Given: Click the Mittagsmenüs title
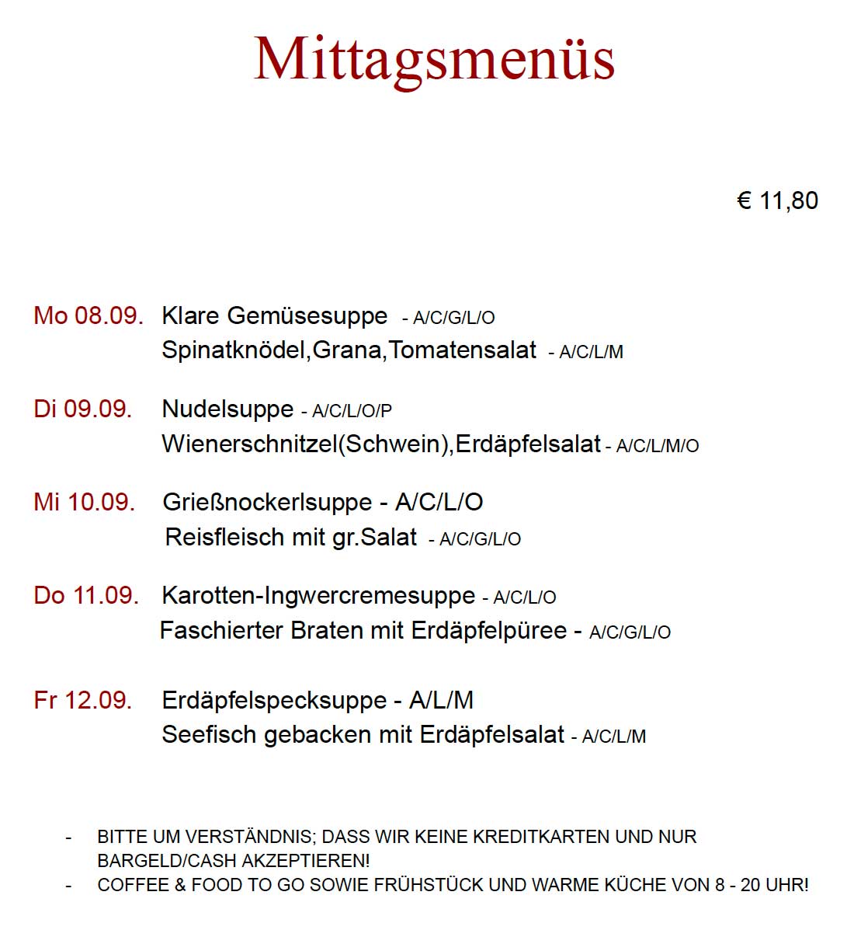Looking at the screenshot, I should (x=434, y=59).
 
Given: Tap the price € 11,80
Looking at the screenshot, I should (x=777, y=200).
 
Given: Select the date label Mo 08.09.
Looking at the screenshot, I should (x=89, y=316).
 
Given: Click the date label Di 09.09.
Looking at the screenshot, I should (x=83, y=409).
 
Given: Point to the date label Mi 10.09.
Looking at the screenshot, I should (x=84, y=502).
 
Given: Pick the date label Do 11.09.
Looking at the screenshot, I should (x=86, y=596).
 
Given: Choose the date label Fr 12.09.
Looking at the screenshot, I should (x=83, y=700).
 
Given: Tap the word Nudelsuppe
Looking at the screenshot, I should (x=227, y=409).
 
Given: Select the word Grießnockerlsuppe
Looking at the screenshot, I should (x=268, y=502).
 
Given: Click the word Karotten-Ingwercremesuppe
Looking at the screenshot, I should (x=318, y=596).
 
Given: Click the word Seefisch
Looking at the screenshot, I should (x=209, y=734).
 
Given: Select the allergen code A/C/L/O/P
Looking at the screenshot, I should (x=352, y=411).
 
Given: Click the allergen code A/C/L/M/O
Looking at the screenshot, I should (x=657, y=446).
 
